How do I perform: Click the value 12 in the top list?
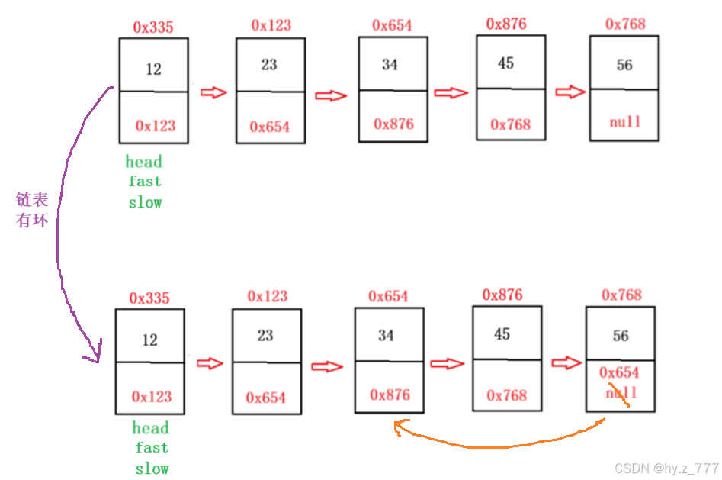tap(154, 69)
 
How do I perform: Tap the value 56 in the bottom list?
tap(621, 337)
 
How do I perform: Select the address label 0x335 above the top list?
tap(153, 27)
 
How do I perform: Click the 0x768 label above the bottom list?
tap(621, 295)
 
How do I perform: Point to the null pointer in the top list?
tap(624, 121)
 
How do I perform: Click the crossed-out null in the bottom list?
tap(621, 393)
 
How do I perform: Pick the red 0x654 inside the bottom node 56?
tap(619, 372)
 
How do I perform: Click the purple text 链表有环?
tap(32, 211)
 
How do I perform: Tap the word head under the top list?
tap(144, 162)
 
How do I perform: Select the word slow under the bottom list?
tap(152, 469)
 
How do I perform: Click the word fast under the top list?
tap(145, 182)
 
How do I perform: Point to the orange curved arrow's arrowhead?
tap(399, 428)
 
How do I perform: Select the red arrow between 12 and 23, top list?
tap(213, 92)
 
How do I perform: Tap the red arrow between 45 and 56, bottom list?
tap(566, 362)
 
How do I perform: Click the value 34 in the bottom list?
tap(387, 336)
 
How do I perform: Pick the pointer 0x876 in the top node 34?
tap(393, 124)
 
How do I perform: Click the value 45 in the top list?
tap(506, 63)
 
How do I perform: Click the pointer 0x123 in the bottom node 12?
tap(151, 397)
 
